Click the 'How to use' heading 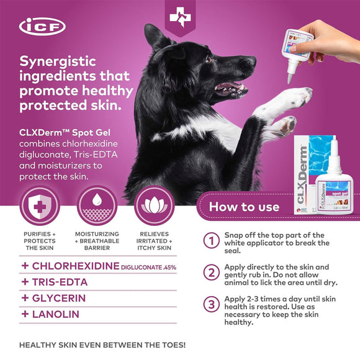243,207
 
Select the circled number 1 212,240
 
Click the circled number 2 212,272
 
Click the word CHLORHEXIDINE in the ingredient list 75,266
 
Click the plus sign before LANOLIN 25,314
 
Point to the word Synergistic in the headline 60,63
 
